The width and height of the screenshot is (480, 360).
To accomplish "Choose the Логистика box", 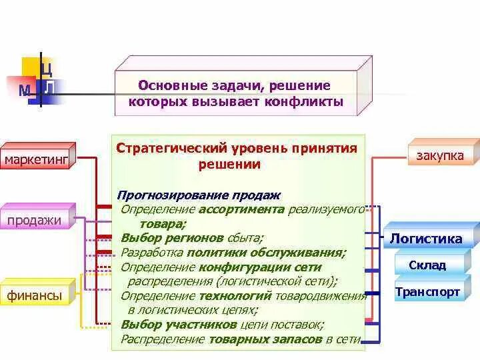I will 426,239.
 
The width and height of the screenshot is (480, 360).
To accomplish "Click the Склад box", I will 427,265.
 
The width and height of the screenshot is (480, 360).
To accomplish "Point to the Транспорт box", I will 427,292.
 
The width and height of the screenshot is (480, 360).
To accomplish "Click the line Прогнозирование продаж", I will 199,195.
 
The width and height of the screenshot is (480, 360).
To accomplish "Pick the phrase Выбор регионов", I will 161,237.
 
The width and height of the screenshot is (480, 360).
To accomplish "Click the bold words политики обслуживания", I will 266,252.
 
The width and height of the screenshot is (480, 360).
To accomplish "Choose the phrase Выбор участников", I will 179,325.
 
